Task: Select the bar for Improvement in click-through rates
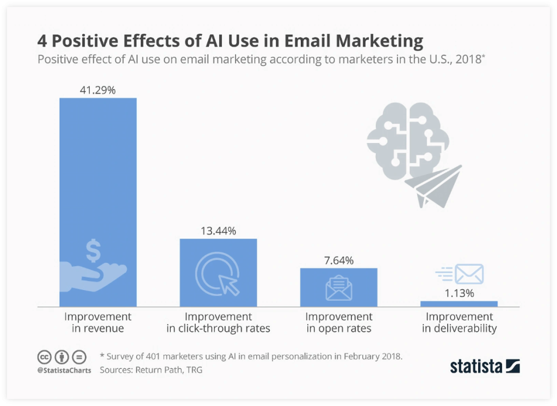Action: click(218, 272)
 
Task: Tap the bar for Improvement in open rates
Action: click(338, 287)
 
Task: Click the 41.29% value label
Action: click(98, 90)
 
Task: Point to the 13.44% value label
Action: click(218, 231)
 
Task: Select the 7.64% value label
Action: click(338, 261)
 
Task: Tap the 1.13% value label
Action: click(459, 293)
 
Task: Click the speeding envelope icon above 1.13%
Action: click(460, 274)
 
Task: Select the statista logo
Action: click(485, 366)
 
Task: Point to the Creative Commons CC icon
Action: click(44, 358)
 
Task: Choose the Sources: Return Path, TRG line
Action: click(151, 370)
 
